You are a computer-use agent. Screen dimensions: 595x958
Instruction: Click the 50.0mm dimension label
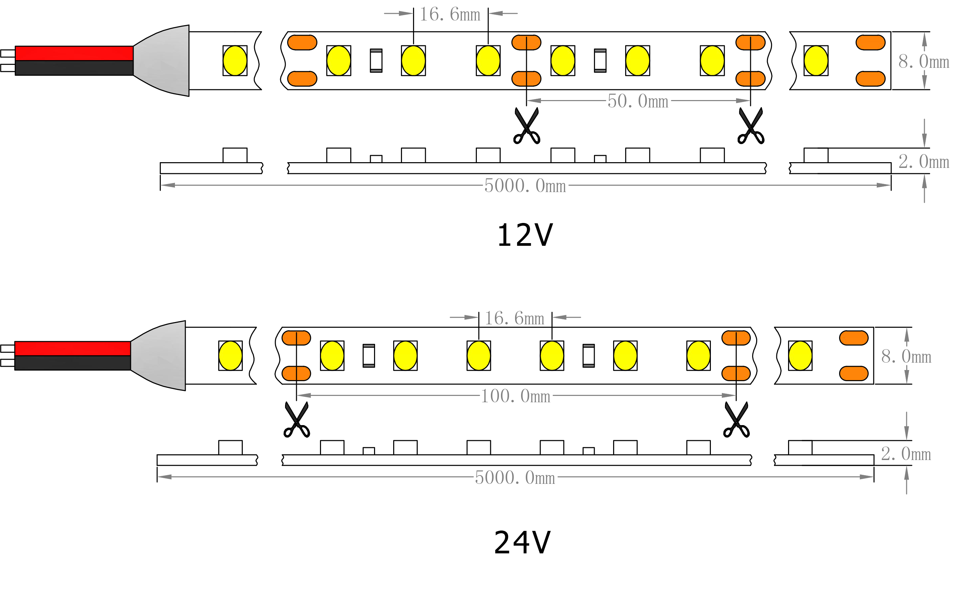[x=637, y=101]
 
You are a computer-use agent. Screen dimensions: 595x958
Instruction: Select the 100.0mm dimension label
[x=515, y=396]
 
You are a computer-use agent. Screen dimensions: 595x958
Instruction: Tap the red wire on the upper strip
[x=74, y=53]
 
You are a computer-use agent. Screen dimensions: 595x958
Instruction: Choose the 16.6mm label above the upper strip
[x=450, y=15]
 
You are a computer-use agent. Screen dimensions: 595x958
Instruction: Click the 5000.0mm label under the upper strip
[x=525, y=186]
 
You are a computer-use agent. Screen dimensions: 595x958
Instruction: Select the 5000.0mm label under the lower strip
[x=515, y=478]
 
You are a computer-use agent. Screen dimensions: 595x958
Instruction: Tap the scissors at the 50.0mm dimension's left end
[x=527, y=126]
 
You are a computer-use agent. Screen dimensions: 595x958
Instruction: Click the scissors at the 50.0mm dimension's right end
[x=751, y=126]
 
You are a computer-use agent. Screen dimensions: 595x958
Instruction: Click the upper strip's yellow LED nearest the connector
[x=235, y=60]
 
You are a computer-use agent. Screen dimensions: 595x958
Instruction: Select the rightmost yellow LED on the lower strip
[x=800, y=356]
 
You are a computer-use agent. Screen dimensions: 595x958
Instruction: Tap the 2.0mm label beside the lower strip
[x=906, y=454]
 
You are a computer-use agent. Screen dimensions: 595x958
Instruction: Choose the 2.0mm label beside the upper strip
[x=924, y=162]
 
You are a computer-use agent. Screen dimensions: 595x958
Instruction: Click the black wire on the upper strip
[x=74, y=68]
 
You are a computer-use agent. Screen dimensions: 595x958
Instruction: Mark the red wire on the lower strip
[x=73, y=349]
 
